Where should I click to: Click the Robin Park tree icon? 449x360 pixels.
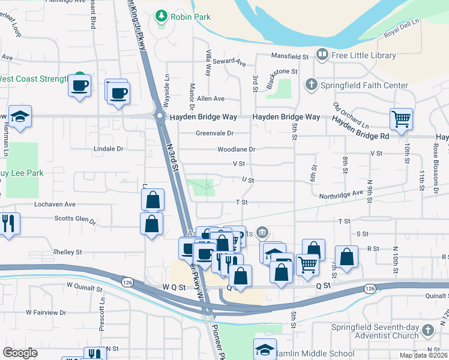pos(161,17)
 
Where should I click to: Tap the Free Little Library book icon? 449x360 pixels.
pos(322,56)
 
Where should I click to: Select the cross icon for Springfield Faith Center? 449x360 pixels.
pos(311,85)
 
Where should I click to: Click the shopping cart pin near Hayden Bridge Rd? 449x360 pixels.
pos(401,118)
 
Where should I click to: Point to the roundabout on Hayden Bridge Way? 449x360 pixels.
pos(160,116)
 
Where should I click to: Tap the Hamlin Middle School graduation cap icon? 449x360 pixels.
pos(265,349)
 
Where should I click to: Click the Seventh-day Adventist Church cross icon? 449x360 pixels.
pos(427,331)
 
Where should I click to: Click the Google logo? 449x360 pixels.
pos(20,352)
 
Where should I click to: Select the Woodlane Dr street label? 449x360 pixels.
pos(237,149)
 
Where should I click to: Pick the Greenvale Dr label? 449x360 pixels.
pos(214,133)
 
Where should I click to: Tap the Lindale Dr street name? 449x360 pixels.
pos(108,148)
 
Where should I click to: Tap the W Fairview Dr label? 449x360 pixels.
pos(46,313)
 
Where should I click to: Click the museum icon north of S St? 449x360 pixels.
pos(262,232)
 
